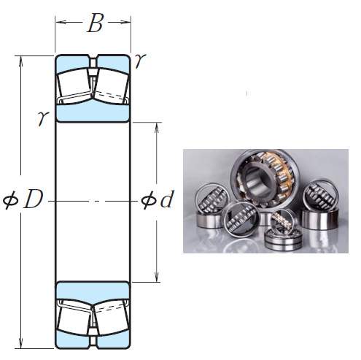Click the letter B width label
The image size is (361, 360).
[94, 23]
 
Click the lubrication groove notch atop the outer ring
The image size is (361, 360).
[93, 57]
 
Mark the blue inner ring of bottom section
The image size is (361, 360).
[93, 288]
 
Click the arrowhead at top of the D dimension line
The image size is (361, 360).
[22, 59]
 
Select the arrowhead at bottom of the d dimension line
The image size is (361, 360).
[157, 278]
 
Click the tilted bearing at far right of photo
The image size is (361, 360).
[321, 196]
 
